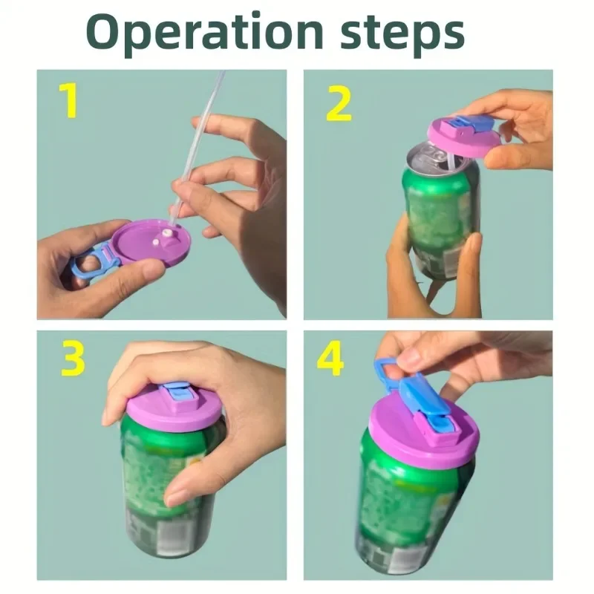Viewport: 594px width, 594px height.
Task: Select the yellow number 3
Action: click(x=71, y=359)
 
